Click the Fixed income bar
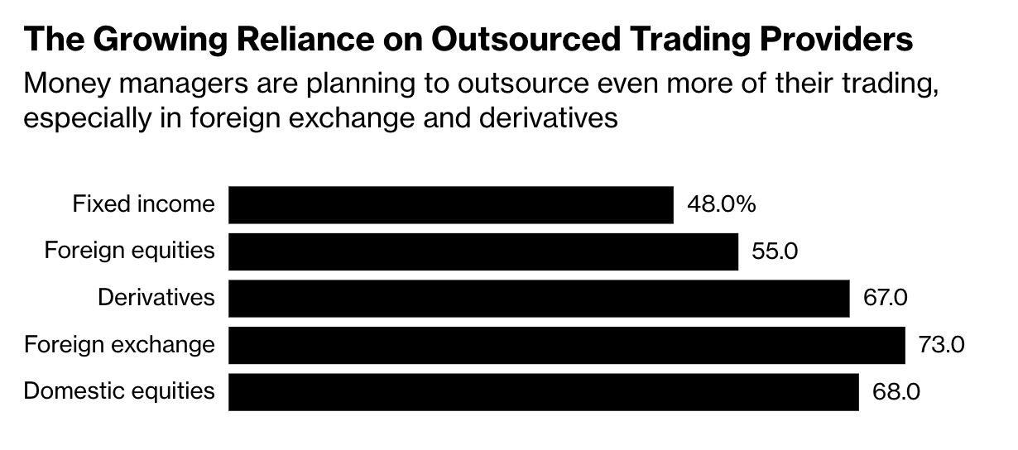coord(451,204)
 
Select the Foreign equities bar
coord(483,251)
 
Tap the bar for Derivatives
coord(539,298)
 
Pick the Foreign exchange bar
coord(567,344)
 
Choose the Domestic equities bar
coord(544,391)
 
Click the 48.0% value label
coord(721,204)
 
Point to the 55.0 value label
coord(775,251)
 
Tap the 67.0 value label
coord(885,298)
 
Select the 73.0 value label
coord(941,344)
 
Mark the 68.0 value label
coord(896,391)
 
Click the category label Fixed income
coord(143,203)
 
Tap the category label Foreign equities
coord(129,250)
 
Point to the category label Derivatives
coord(156,297)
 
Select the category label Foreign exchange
coord(119,344)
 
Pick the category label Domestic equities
coord(119,390)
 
